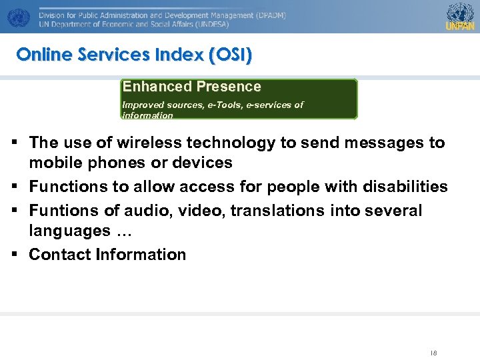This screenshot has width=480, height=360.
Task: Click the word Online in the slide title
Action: coord(43,55)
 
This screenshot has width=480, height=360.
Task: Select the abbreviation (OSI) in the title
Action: coord(230,55)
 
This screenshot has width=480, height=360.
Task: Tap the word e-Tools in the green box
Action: coord(211,105)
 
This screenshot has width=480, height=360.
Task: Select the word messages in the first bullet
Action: coord(369,143)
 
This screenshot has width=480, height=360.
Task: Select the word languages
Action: coord(69,231)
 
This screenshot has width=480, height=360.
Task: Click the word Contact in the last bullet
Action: coord(60,255)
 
